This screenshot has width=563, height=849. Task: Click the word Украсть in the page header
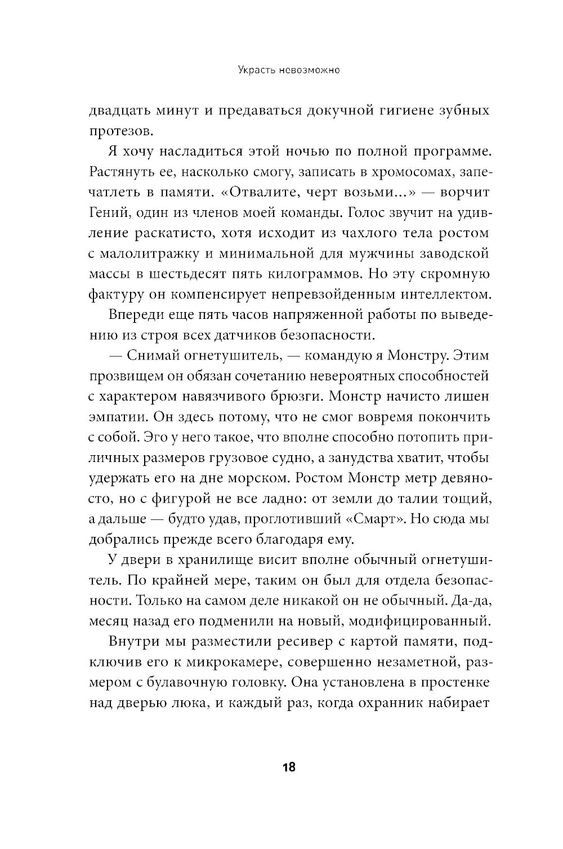click(x=241, y=72)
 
